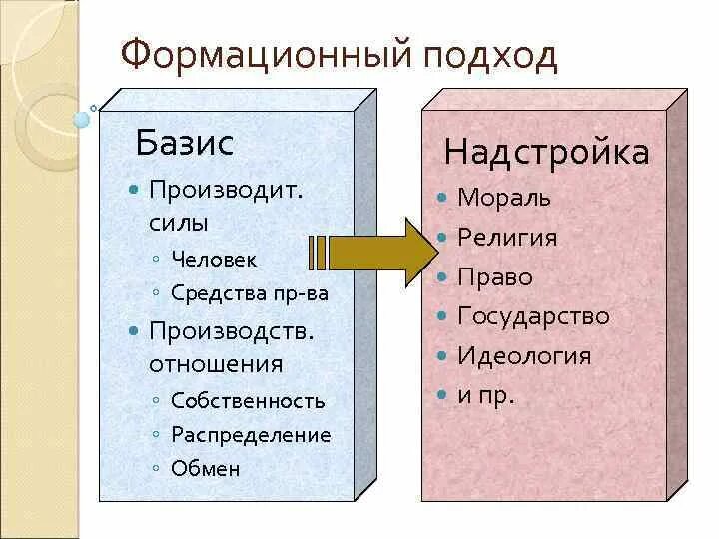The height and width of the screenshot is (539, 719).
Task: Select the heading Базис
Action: click(x=184, y=143)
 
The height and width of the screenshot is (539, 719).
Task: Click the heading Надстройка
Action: click(x=546, y=152)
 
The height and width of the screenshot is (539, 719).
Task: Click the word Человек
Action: click(x=214, y=260)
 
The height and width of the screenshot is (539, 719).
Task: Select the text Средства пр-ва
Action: click(x=250, y=293)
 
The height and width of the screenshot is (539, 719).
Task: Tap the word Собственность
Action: click(x=248, y=401)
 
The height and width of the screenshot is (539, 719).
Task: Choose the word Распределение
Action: click(x=251, y=435)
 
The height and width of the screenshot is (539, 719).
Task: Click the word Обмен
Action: click(x=206, y=468)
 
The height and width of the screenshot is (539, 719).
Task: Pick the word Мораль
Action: click(x=503, y=198)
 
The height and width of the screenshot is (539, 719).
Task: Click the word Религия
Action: click(x=507, y=238)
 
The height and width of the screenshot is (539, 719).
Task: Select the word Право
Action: click(x=495, y=277)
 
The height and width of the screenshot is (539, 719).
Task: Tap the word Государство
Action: click(x=533, y=316)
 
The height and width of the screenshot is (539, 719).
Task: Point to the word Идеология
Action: click(x=524, y=356)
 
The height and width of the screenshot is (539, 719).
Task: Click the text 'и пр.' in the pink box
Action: click(x=486, y=395)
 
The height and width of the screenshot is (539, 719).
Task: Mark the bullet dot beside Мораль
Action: click(x=442, y=198)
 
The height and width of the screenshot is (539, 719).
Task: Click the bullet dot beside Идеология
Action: click(x=442, y=356)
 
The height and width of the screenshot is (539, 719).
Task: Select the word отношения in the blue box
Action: click(x=216, y=364)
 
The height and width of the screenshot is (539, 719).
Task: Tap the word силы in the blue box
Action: click(x=179, y=223)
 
